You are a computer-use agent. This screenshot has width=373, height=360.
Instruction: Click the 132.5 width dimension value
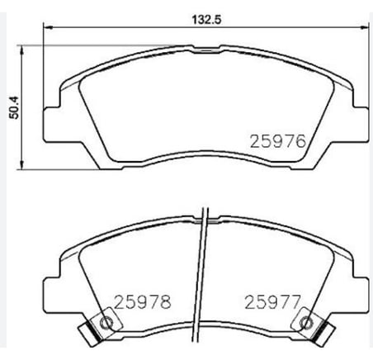[x=206, y=20]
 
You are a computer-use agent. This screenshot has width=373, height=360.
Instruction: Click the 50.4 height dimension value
[x=13, y=107]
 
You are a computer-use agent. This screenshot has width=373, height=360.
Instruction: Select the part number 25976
[x=278, y=141]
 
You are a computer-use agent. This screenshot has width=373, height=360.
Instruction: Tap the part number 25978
[x=143, y=302]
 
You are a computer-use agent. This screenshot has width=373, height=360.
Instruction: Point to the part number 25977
[x=272, y=302]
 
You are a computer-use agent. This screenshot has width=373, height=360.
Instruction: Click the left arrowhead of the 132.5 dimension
[x=48, y=27]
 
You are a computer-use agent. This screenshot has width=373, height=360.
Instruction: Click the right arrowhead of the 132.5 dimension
[x=364, y=27]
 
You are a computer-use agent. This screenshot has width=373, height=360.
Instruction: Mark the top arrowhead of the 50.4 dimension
[x=21, y=50]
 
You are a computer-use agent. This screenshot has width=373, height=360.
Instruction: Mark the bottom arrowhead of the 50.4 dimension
[x=21, y=164]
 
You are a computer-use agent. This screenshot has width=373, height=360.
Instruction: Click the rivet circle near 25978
[x=106, y=321]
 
